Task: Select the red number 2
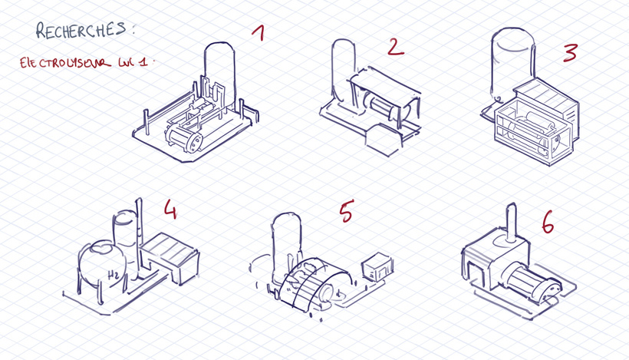(396, 48)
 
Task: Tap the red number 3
(569, 53)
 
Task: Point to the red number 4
(170, 209)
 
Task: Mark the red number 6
(548, 222)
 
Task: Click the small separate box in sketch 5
(377, 267)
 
